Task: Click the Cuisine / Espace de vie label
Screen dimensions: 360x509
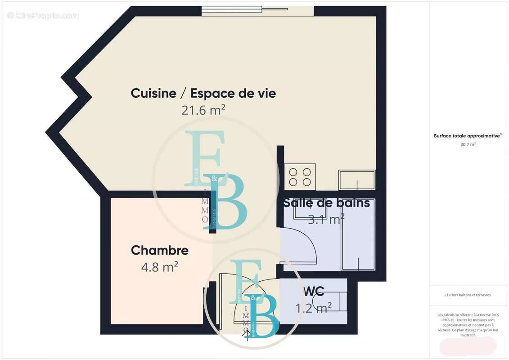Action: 203,94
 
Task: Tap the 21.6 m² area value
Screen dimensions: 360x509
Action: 203,110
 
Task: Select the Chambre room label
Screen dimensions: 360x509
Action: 159,250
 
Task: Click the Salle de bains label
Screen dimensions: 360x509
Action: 326,203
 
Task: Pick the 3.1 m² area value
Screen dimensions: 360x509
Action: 326,219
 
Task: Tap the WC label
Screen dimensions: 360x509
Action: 314,290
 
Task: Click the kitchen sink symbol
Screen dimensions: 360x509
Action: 357,180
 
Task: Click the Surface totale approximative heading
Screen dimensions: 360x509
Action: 468,135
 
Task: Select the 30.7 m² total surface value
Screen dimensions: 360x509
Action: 468,144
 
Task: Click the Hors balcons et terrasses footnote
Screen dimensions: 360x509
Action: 468,295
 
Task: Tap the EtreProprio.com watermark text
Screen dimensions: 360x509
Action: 43,16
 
